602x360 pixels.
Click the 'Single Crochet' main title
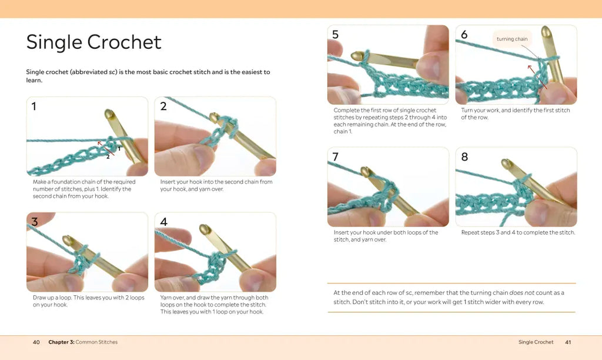pyautogui.click(x=93, y=42)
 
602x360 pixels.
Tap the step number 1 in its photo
pyautogui.click(x=34, y=106)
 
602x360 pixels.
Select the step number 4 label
pyautogui.click(x=163, y=222)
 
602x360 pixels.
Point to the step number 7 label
pyautogui.click(x=335, y=156)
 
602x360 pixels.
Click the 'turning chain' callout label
pyautogui.click(x=512, y=39)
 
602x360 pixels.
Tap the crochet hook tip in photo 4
pyautogui.click(x=203, y=229)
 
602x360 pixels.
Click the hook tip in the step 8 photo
pyautogui.click(x=506, y=163)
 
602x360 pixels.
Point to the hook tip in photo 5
pyautogui.click(x=356, y=56)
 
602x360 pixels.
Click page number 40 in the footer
pyautogui.click(x=36, y=342)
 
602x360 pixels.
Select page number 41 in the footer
pyautogui.click(x=568, y=342)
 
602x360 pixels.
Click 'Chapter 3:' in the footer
pyautogui.click(x=61, y=342)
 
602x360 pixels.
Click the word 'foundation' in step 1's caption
pyautogui.click(x=65, y=182)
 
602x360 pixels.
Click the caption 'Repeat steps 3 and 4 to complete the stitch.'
pyautogui.click(x=519, y=232)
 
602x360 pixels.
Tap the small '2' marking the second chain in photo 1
pyautogui.click(x=108, y=156)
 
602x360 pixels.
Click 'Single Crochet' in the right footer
pyautogui.click(x=536, y=342)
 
